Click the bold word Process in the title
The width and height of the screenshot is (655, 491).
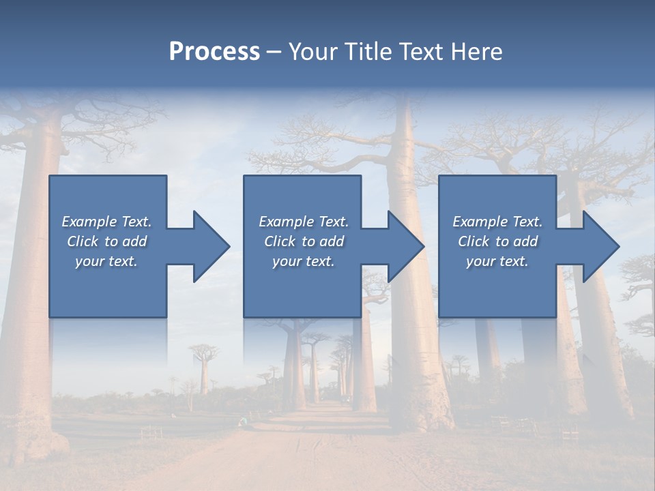(214, 52)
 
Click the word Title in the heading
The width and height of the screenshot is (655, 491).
(364, 52)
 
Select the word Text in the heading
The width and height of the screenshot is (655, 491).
(419, 52)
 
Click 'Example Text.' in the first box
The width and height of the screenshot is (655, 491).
(106, 222)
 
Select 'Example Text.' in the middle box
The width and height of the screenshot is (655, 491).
(304, 222)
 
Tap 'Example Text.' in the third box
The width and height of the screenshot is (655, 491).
(497, 222)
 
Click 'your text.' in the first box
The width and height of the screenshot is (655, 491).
(106, 261)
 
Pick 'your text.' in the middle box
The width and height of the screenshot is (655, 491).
(304, 261)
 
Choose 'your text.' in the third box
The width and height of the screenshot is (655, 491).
(497, 261)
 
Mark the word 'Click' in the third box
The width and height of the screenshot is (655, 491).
(474, 241)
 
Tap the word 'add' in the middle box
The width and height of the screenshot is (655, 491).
(332, 241)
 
